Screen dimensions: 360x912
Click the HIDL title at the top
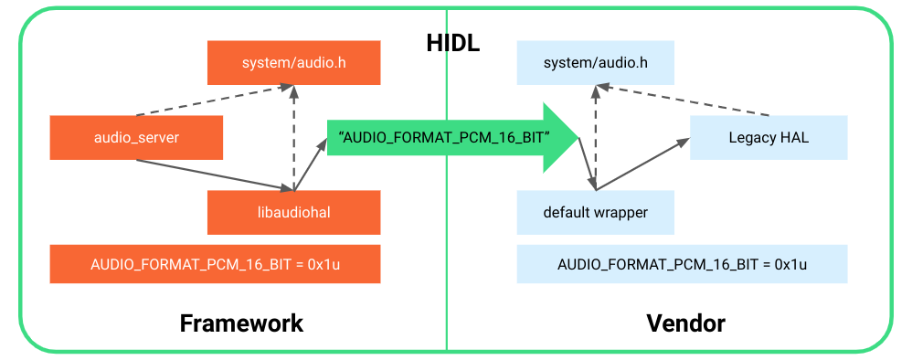pyautogui.click(x=452, y=43)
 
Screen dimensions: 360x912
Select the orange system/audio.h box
pyautogui.click(x=293, y=63)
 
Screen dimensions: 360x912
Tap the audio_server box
pyautogui.click(x=136, y=138)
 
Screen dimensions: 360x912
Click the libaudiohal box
pyautogui.click(x=293, y=213)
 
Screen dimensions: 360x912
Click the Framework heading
pyautogui.click(x=241, y=323)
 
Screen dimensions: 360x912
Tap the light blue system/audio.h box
pyautogui.click(x=595, y=63)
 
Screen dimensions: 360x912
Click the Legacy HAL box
pyautogui.click(x=769, y=138)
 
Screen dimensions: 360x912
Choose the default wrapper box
pyautogui.click(x=595, y=213)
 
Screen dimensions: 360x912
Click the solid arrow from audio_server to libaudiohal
pyautogui.click(x=215, y=176)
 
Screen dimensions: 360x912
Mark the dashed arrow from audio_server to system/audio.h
pyautogui.click(x=215, y=101)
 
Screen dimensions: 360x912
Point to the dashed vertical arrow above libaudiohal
pyautogui.click(x=293, y=137)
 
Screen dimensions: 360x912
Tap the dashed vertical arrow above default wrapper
pyautogui.click(x=596, y=137)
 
